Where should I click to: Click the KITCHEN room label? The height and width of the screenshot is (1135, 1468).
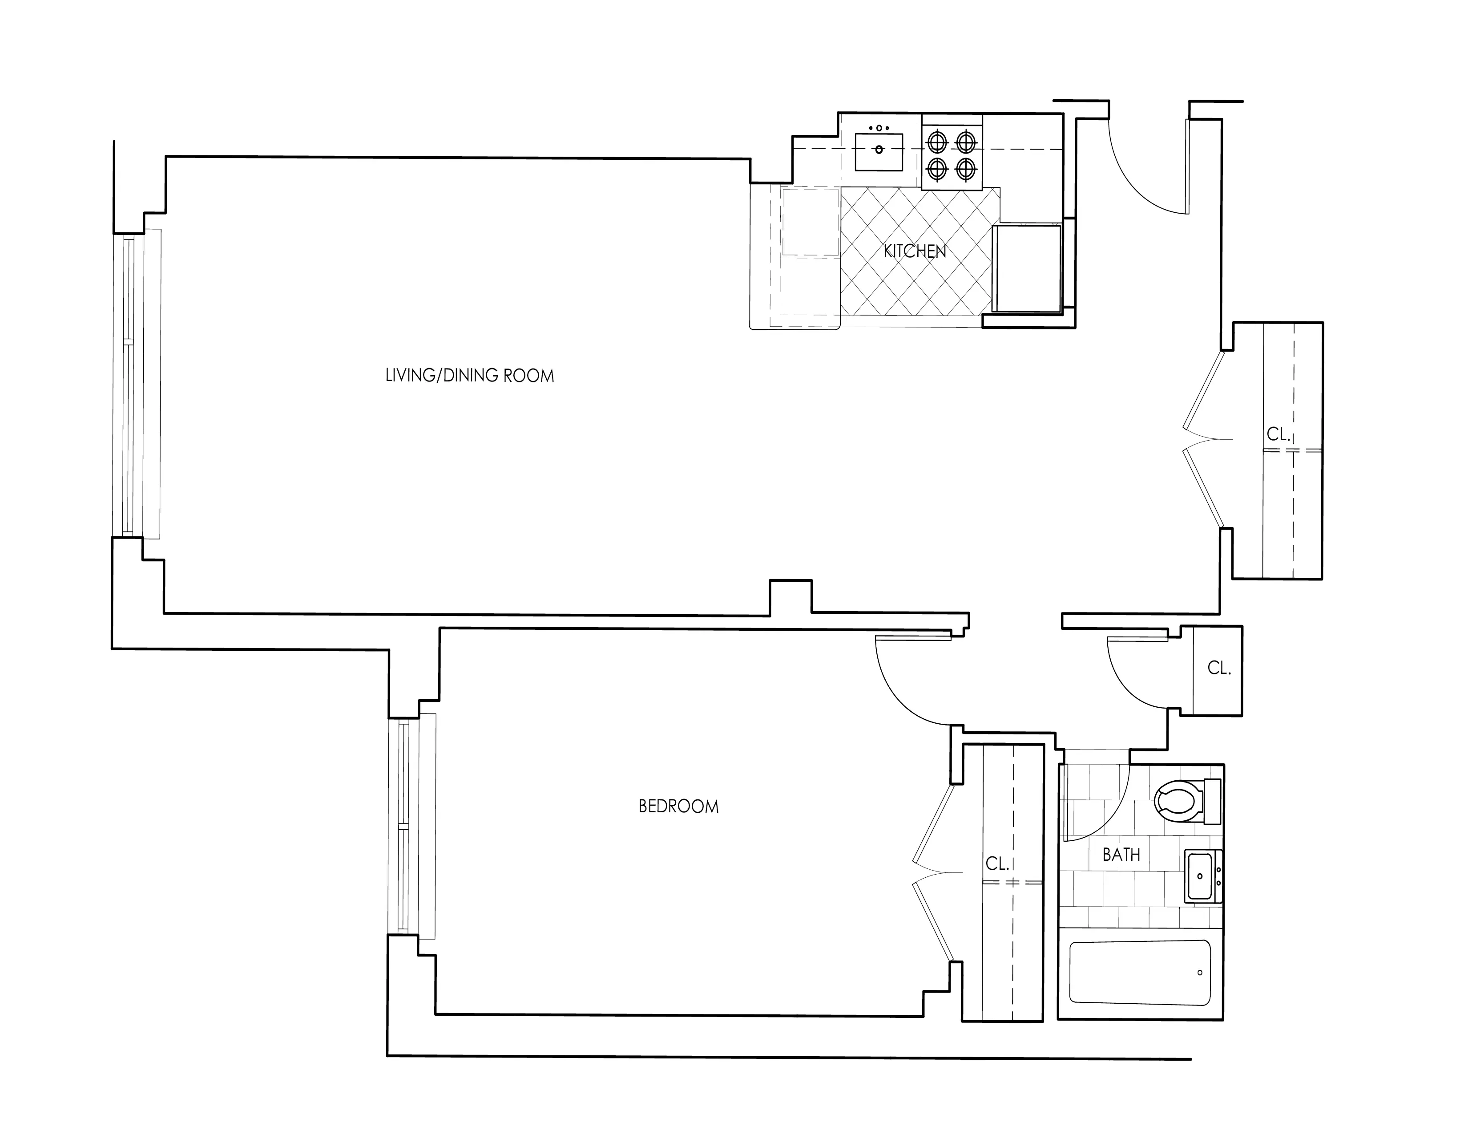pos(914,251)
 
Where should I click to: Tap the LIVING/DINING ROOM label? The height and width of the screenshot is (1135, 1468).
pos(469,376)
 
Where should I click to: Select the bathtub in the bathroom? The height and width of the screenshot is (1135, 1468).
pos(1140,973)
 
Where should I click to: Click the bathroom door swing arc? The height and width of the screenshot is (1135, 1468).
pos(1109,814)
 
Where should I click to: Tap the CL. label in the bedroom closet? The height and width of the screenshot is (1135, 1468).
pos(997,863)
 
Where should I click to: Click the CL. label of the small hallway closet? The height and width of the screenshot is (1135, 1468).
pos(1218,669)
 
